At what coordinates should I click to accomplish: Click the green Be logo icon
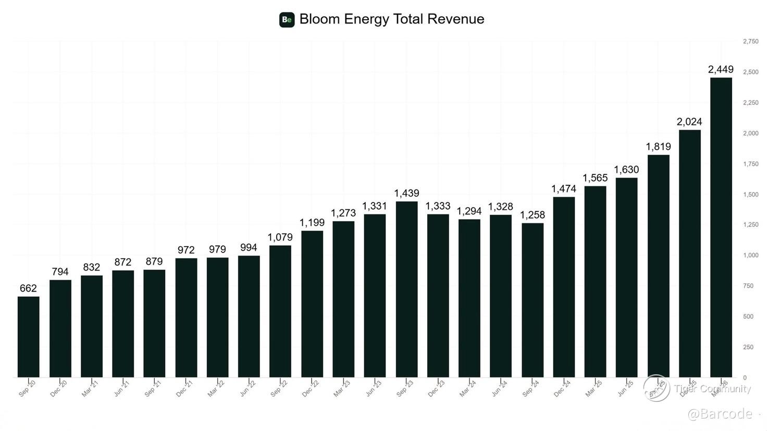(287, 20)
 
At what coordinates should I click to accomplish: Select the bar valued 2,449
(721, 227)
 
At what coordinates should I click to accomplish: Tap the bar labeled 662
(28, 337)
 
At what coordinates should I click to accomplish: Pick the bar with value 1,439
(406, 289)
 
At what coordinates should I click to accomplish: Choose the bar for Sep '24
(532, 300)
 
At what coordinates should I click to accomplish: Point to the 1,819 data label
(658, 147)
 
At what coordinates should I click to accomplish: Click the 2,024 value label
(689, 122)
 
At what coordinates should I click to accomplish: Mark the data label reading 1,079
(280, 237)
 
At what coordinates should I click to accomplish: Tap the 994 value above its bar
(249, 248)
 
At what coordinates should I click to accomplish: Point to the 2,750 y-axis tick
(750, 41)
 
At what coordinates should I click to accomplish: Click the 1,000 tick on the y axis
(750, 256)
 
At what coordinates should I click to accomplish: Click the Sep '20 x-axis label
(27, 388)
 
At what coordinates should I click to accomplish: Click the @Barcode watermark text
(720, 414)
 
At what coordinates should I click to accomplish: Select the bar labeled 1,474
(563, 287)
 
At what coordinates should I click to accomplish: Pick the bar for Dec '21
(186, 318)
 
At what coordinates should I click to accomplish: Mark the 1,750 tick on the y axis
(750, 164)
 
